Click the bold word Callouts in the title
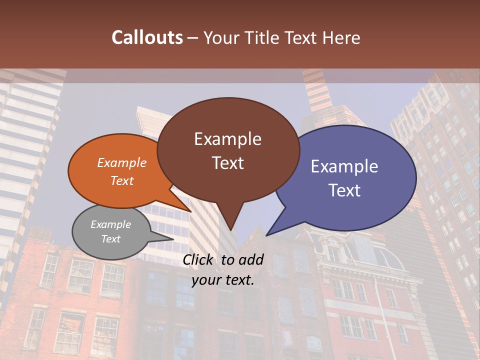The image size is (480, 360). pyautogui.click(x=147, y=37)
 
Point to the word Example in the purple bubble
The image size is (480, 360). pyautogui.click(x=344, y=166)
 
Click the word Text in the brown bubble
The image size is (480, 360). pyautogui.click(x=228, y=163)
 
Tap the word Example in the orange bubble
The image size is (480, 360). pyautogui.click(x=122, y=162)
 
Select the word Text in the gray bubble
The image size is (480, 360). pyautogui.click(x=111, y=239)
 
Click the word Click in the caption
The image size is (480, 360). pyautogui.click(x=199, y=259)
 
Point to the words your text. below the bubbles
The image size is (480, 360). pyautogui.click(x=223, y=280)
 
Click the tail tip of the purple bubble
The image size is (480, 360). pyautogui.click(x=266, y=235)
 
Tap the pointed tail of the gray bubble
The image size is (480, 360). pyautogui.click(x=173, y=239)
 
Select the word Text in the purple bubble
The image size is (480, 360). pyautogui.click(x=345, y=190)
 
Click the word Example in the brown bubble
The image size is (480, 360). pyautogui.click(x=228, y=138)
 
